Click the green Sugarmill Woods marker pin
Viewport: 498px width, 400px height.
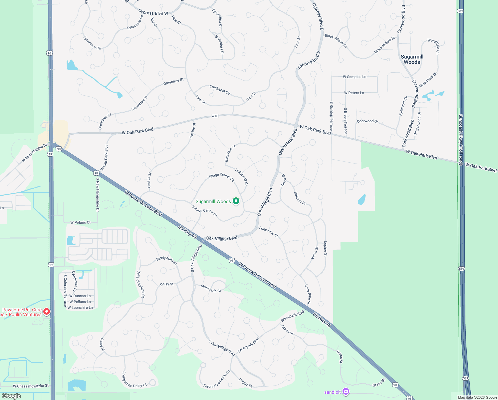(236, 201)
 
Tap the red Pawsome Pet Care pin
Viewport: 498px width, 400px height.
(47, 311)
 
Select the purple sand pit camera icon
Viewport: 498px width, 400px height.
(346, 391)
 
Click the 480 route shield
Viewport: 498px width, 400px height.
(214, 116)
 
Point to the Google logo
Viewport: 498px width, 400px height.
(11, 396)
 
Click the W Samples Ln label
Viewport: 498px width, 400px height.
(355, 77)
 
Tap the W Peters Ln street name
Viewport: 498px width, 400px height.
(354, 93)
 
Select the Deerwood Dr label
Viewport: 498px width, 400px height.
(367, 121)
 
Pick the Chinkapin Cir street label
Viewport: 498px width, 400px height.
(220, 90)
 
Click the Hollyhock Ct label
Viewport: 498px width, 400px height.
(241, 177)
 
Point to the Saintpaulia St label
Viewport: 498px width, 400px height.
(166, 260)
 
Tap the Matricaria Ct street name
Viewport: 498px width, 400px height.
(211, 288)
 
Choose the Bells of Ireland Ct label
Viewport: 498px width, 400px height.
(140, 284)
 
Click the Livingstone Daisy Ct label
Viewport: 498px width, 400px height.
(134, 380)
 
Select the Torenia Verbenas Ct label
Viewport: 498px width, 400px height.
(217, 380)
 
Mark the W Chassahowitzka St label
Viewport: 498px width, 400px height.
(31, 386)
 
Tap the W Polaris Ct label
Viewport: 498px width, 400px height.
(80, 222)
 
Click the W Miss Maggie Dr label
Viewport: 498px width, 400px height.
(35, 153)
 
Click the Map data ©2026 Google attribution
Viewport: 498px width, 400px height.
(477, 397)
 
